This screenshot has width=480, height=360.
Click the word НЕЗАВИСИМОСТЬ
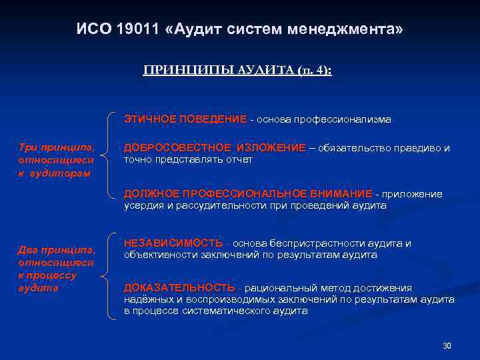tap(173, 243)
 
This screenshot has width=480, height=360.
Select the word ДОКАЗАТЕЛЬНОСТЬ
tap(179, 288)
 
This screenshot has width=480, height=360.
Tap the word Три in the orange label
tap(28, 147)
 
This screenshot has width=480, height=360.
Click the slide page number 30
tap(447, 345)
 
